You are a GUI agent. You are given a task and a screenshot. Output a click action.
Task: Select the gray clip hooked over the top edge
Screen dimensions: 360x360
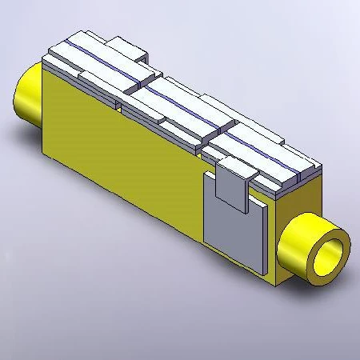[234, 180]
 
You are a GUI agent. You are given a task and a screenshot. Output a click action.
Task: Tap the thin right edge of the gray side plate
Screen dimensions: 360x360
[265, 236]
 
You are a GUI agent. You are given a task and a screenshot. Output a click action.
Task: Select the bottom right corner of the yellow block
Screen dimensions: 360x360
[277, 285]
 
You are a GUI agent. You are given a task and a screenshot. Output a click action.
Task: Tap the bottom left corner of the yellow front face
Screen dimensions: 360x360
[43, 149]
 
